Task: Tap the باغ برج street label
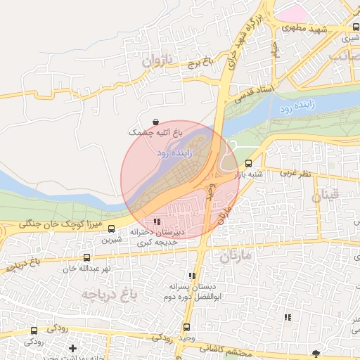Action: coord(199,62)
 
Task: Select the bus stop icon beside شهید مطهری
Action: coord(356,27)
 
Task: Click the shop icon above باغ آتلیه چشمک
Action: coord(155,122)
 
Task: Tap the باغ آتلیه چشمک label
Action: coord(155,132)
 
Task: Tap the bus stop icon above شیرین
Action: coord(111,229)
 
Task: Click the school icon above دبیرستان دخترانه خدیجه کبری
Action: coord(156,222)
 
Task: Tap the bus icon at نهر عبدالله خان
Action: coord(87,258)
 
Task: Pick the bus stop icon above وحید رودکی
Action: coord(186,327)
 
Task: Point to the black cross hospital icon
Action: coord(72,348)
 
